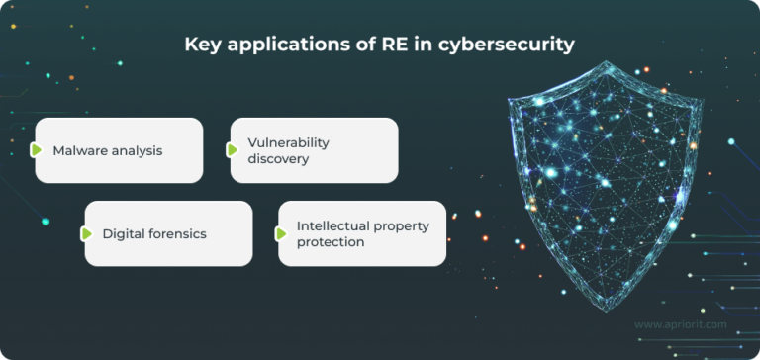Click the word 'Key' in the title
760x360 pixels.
pos(202,45)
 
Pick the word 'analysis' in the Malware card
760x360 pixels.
pos(137,150)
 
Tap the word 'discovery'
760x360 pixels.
pos(279,158)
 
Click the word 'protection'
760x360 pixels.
pos(331,242)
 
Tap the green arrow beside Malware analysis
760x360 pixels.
pos(37,150)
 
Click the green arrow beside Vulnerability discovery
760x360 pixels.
pos(233,150)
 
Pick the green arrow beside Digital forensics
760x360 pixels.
pos(86,234)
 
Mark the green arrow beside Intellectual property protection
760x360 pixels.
pos(280,234)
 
